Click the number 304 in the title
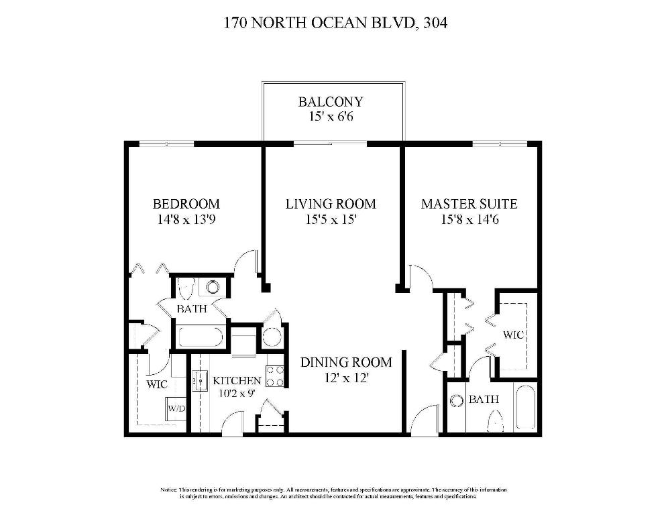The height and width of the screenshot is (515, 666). pyautogui.click(x=435, y=23)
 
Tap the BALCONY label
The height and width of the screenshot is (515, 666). pyautogui.click(x=331, y=102)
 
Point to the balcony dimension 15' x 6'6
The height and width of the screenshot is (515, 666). pyautogui.click(x=331, y=117)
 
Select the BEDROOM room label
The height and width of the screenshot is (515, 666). pyautogui.click(x=186, y=204)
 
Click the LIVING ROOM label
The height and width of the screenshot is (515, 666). pyautogui.click(x=331, y=204)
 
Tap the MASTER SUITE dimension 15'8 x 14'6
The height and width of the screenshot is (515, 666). pyautogui.click(x=469, y=219)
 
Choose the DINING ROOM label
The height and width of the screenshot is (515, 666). pyautogui.click(x=345, y=362)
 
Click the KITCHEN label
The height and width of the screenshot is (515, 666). pyautogui.click(x=237, y=380)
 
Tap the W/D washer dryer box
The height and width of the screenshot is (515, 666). pyautogui.click(x=176, y=408)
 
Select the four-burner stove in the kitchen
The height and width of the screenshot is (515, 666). pyautogui.click(x=275, y=376)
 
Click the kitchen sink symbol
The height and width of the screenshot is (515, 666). pyautogui.click(x=199, y=381)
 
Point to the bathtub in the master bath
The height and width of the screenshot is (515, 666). pyautogui.click(x=525, y=408)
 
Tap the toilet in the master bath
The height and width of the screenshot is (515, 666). pyautogui.click(x=496, y=421)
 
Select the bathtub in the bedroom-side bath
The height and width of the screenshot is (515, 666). pyautogui.click(x=199, y=336)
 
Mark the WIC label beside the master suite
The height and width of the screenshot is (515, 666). pyautogui.click(x=513, y=334)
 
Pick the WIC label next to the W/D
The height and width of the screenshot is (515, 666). pyautogui.click(x=157, y=384)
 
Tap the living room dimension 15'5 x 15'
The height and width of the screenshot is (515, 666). pyautogui.click(x=331, y=219)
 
